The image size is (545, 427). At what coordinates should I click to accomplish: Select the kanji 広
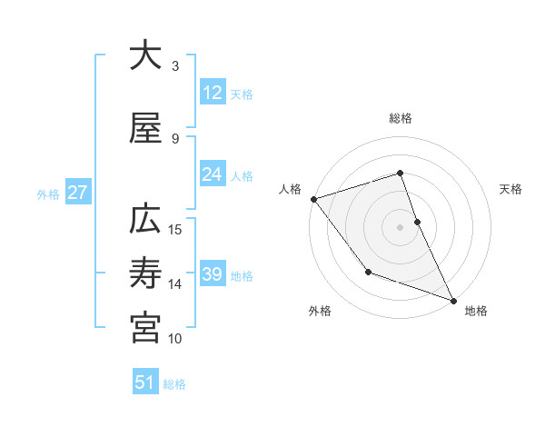pyautogui.click(x=145, y=220)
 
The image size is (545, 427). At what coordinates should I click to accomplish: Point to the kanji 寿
pyautogui.click(x=145, y=273)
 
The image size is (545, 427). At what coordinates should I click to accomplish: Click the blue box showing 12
pyautogui.click(x=213, y=93)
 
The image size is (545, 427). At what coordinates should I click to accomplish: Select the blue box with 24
pyautogui.click(x=213, y=174)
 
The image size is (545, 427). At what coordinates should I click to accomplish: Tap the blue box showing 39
pyautogui.click(x=213, y=274)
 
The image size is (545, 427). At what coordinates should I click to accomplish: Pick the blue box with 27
pyautogui.click(x=77, y=193)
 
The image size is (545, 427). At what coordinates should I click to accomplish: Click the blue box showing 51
pyautogui.click(x=145, y=382)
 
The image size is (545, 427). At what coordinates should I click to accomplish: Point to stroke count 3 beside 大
pyautogui.click(x=175, y=65)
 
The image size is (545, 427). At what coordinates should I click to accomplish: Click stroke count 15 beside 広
pyautogui.click(x=176, y=229)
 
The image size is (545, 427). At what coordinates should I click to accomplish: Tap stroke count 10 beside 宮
pyautogui.click(x=176, y=339)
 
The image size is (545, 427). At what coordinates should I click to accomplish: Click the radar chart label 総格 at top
pyautogui.click(x=401, y=118)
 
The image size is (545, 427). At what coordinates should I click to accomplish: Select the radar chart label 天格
pyautogui.click(x=511, y=189)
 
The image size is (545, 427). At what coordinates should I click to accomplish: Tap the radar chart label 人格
pyautogui.click(x=291, y=189)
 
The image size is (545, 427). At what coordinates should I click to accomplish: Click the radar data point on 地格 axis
pyautogui.click(x=453, y=300)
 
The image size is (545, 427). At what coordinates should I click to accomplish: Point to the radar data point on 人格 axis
pyautogui.click(x=313, y=199)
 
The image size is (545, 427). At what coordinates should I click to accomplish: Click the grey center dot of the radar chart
pyautogui.click(x=401, y=226)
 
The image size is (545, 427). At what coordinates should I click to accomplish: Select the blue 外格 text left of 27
pyautogui.click(x=48, y=194)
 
